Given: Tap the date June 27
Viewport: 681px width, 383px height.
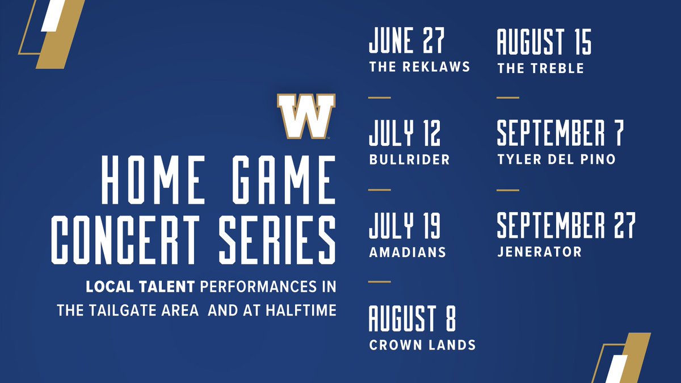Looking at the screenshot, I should tap(406, 43).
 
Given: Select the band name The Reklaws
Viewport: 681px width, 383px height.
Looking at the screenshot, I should tap(419, 67).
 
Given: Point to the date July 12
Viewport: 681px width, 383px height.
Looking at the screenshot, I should tap(404, 134).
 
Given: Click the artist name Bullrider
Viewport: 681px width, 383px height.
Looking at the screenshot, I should tap(409, 159).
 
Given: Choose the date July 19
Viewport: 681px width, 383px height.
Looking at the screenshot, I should tap(404, 226).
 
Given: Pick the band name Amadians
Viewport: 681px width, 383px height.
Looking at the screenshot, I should tap(407, 252).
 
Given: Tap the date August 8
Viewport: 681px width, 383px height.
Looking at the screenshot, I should tap(412, 319).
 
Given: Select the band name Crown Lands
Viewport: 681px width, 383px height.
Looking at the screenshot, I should tap(422, 344).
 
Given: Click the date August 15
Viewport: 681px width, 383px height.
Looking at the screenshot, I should tap(544, 43).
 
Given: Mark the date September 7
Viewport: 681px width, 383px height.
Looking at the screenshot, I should tap(560, 134).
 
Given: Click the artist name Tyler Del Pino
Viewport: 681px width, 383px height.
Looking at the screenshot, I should tap(556, 159).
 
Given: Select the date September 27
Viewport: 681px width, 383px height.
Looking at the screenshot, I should tap(566, 226).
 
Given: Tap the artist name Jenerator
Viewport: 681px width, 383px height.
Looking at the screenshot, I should tap(539, 252).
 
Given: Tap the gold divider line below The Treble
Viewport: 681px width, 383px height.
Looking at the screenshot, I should tap(508, 98).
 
